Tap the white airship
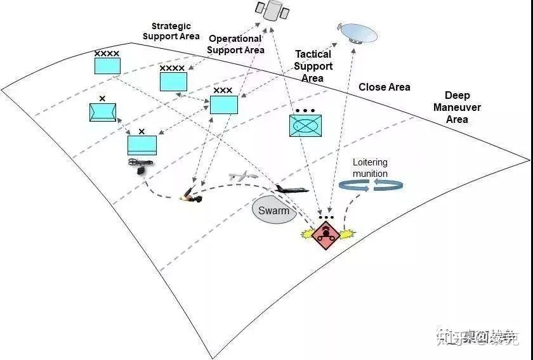click(359, 33)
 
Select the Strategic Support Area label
click(171, 31)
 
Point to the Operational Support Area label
click(235, 44)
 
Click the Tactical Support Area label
click(313, 66)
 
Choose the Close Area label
click(385, 87)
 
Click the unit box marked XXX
click(223, 104)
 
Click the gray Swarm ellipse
click(274, 210)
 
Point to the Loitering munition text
click(370, 168)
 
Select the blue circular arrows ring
click(372, 184)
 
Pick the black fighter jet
click(292, 189)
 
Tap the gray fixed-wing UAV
click(244, 178)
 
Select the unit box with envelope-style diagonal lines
click(103, 112)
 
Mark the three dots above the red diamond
click(326, 217)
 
